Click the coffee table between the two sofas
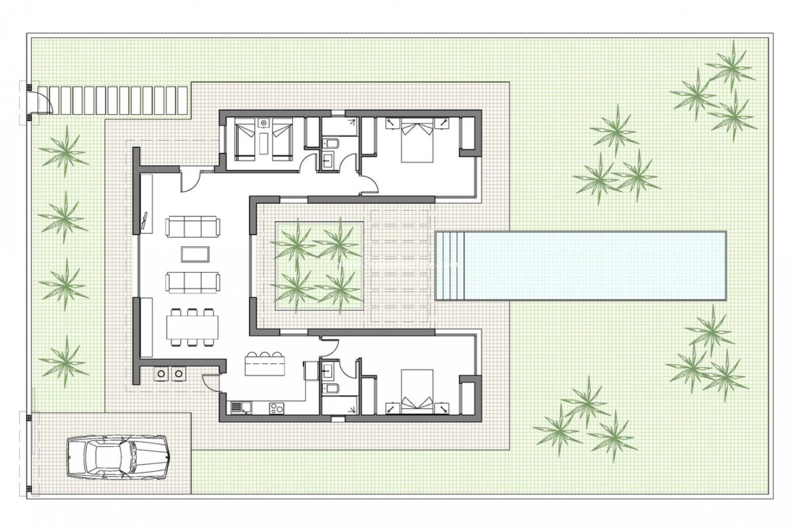click(195, 254)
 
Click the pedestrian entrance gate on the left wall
click(41, 102)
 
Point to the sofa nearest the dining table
click(192, 282)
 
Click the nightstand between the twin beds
click(263, 123)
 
